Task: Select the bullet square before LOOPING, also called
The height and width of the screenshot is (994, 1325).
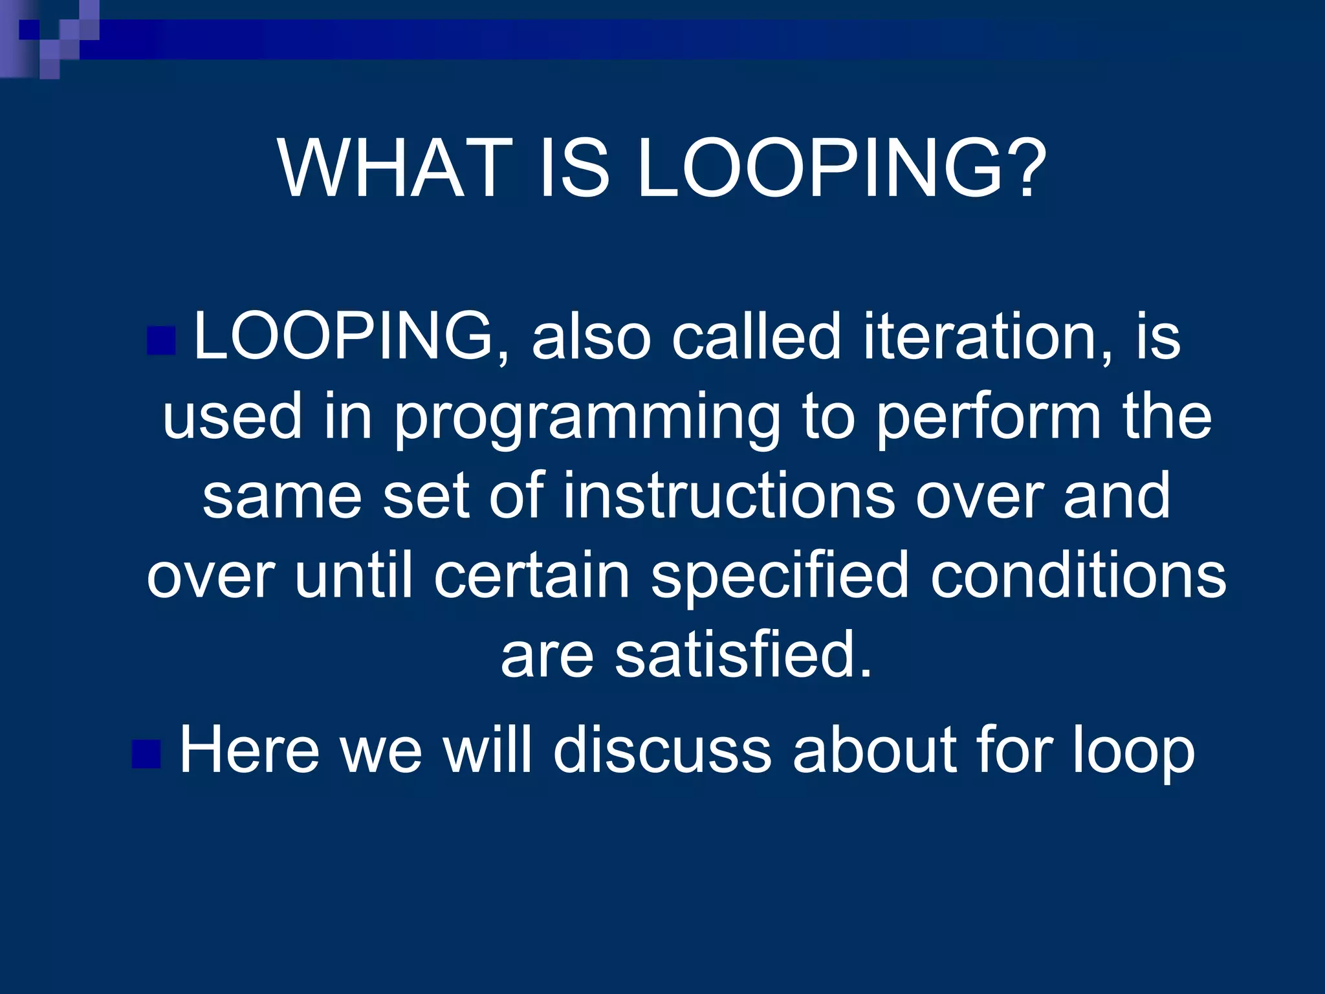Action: pos(161,341)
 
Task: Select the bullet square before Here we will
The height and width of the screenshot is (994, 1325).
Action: pos(146,753)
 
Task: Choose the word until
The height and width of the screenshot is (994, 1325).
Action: pos(353,575)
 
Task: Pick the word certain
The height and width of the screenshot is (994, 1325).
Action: pos(531,575)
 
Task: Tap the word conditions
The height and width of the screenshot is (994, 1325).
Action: pos(1078,575)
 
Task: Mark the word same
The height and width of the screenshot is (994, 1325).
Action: pos(281,496)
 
